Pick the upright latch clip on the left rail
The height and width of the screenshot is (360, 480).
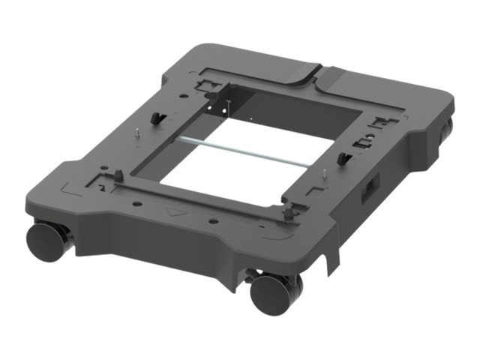pos(155,118)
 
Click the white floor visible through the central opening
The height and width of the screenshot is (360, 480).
pos(232,172)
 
